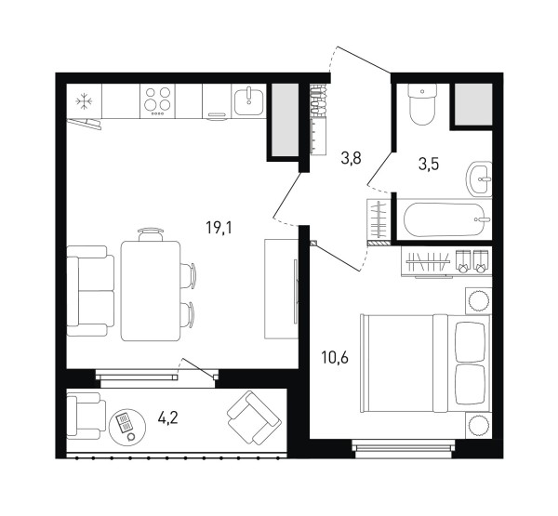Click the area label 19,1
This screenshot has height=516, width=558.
tap(219, 228)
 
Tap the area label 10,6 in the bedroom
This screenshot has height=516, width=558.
tap(335, 358)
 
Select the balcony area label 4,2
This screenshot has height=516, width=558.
tap(167, 417)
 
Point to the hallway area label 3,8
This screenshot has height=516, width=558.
tap(351, 158)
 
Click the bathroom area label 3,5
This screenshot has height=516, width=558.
tap(429, 164)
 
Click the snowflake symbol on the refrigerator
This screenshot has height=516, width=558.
tap(85, 101)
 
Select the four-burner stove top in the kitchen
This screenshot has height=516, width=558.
tap(157, 101)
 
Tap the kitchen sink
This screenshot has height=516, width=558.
tap(248, 100)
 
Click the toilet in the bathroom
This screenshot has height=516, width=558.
tap(422, 104)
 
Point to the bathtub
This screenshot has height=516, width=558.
tap(445, 219)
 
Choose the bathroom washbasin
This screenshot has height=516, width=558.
tap(479, 179)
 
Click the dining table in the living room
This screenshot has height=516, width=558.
tap(151, 291)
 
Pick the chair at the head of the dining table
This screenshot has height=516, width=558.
tap(151, 234)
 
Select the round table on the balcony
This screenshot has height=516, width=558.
tap(127, 427)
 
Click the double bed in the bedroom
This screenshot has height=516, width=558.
tap(426, 363)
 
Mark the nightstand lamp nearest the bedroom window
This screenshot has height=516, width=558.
tap(478, 425)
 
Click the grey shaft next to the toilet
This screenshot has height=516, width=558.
tap(473, 104)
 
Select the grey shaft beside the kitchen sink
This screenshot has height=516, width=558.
tap(286, 120)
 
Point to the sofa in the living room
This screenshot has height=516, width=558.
tap(91, 291)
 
